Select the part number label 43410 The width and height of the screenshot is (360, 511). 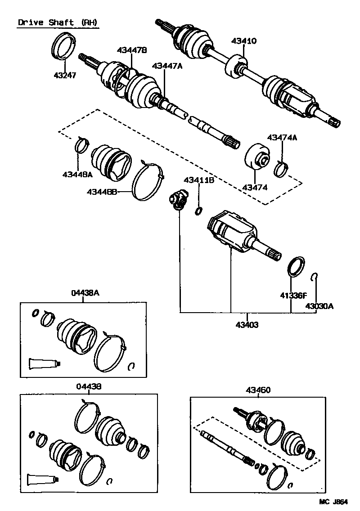click(x=244, y=41)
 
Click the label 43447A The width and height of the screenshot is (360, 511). click(x=167, y=66)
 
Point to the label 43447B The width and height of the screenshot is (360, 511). click(x=132, y=50)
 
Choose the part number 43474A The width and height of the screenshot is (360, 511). click(x=282, y=138)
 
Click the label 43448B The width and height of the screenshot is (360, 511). click(x=102, y=192)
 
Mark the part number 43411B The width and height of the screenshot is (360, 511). click(x=198, y=180)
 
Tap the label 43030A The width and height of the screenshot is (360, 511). click(x=319, y=306)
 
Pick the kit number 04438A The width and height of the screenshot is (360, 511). click(x=85, y=293)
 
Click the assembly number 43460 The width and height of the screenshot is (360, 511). click(x=258, y=390)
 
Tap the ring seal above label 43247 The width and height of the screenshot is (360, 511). click(x=63, y=46)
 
